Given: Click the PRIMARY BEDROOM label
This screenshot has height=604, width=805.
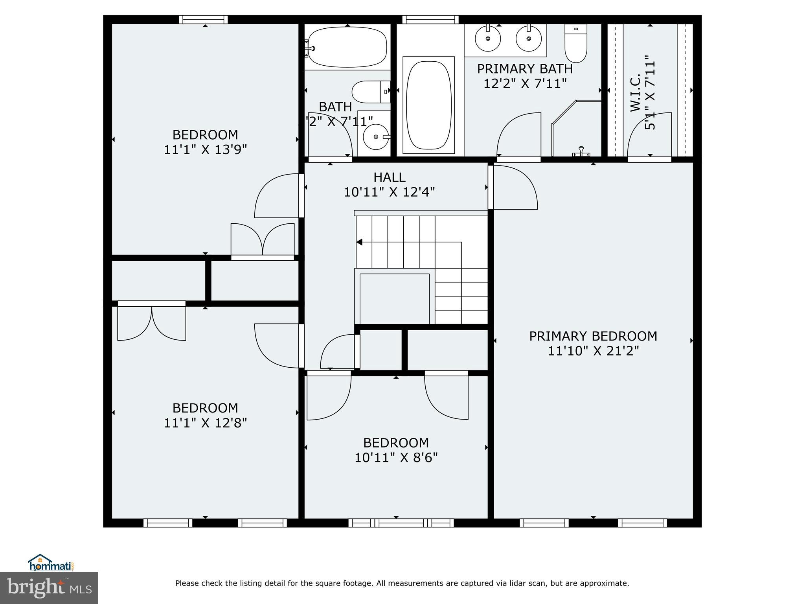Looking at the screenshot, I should pyautogui.click(x=593, y=336).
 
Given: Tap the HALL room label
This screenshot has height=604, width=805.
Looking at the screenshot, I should pyautogui.click(x=389, y=177).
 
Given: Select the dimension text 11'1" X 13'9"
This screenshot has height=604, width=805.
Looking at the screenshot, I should pyautogui.click(x=205, y=150).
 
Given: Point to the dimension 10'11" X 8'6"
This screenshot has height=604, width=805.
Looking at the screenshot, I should pyautogui.click(x=396, y=458).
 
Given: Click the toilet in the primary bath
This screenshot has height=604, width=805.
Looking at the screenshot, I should pyautogui.click(x=576, y=43).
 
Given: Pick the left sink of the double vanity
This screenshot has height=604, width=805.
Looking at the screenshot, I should pyautogui.click(x=488, y=39).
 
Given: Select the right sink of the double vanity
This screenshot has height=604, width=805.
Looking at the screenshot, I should pyautogui.click(x=529, y=39).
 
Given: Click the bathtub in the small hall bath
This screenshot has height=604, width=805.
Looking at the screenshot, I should pyautogui.click(x=347, y=48).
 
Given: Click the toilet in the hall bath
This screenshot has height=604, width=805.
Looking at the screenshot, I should pyautogui.click(x=369, y=92).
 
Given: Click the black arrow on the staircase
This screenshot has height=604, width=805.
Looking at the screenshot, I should pyautogui.click(x=359, y=243).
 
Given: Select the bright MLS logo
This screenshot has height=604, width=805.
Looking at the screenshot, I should pyautogui.click(x=49, y=587).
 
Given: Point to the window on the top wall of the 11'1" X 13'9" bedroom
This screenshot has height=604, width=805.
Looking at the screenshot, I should pyautogui.click(x=203, y=20).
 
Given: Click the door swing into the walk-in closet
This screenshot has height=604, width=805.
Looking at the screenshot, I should pyautogui.click(x=649, y=136).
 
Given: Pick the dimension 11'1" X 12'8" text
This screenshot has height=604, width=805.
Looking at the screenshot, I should pyautogui.click(x=205, y=423).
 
